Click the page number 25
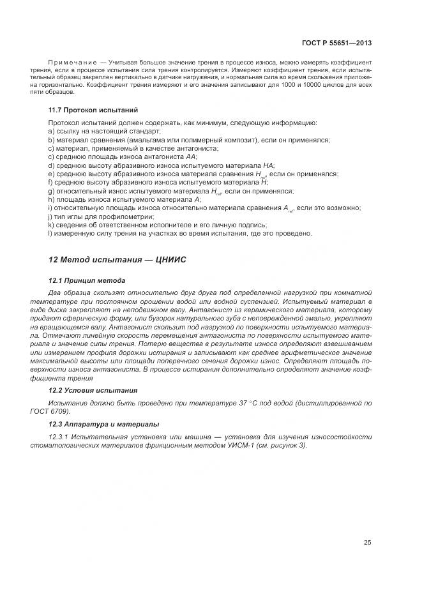[x=368, y=543]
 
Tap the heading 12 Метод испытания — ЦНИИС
[x=117, y=260]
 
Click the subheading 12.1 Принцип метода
[x=87, y=281]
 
